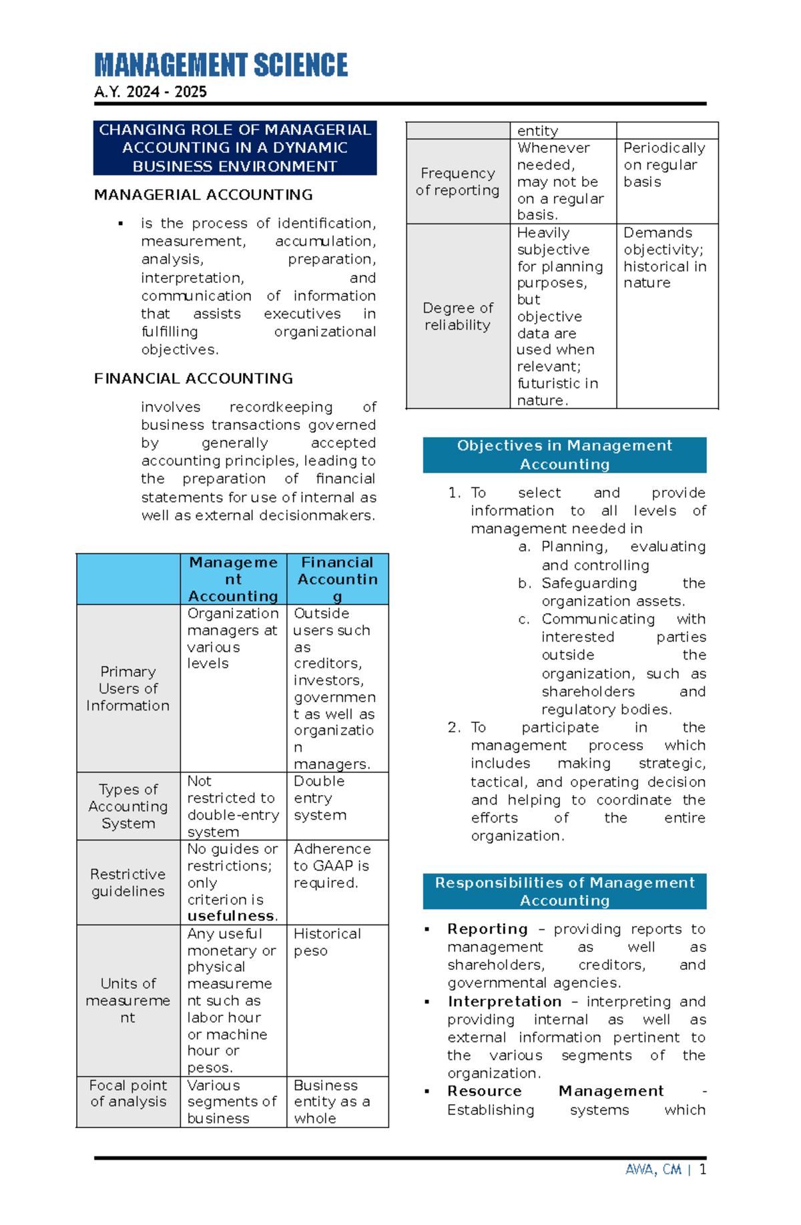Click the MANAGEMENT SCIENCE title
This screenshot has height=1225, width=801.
point(221,65)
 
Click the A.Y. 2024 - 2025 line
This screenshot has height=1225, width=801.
point(150,92)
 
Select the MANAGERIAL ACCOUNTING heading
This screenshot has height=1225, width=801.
point(203,195)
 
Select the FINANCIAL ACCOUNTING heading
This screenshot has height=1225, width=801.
point(193,379)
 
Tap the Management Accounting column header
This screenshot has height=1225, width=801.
point(233,579)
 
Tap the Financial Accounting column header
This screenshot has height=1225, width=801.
point(337,579)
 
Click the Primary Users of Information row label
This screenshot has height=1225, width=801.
point(127,688)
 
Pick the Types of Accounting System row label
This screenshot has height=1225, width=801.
point(127,806)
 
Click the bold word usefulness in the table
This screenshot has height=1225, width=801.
point(231,916)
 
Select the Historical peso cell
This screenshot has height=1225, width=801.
point(326,942)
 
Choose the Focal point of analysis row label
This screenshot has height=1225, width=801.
point(127,1093)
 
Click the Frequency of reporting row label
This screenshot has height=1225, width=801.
point(457,182)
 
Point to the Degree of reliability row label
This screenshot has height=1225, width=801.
point(457,316)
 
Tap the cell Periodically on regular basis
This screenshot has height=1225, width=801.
point(663,165)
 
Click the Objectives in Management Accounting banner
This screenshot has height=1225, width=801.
point(564,455)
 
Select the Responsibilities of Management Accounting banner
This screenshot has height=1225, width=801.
point(564,891)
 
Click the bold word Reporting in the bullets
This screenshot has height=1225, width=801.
point(487,929)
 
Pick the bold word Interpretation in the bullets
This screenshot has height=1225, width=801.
point(505,1001)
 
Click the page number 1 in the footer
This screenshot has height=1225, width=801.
point(702,1170)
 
